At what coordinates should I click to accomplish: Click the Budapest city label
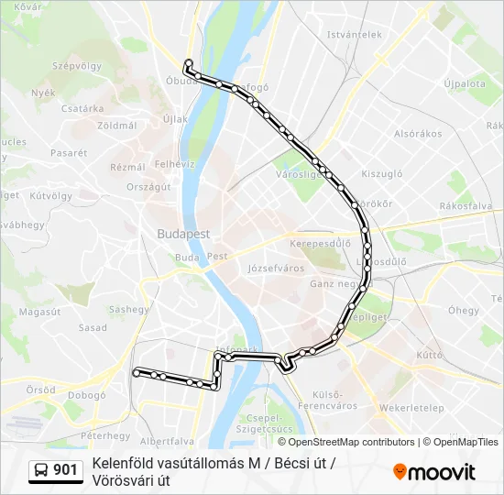pyautogui.click(x=183, y=234)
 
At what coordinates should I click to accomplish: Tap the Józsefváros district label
pyautogui.click(x=275, y=269)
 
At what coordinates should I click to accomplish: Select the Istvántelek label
pyautogui.click(x=354, y=35)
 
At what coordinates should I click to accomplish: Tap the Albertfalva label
pyautogui.click(x=168, y=441)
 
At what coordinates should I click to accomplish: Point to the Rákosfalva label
pyautogui.click(x=466, y=206)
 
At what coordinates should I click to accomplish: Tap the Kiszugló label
pyautogui.click(x=382, y=172)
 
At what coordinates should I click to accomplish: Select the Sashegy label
pyautogui.click(x=129, y=309)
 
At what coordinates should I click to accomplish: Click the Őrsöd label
pyautogui.click(x=40, y=390)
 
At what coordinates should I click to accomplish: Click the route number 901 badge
pyautogui.click(x=56, y=470)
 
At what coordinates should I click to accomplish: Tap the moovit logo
pyautogui.click(x=434, y=471)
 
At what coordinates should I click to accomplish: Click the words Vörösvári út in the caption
pyautogui.click(x=131, y=480)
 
